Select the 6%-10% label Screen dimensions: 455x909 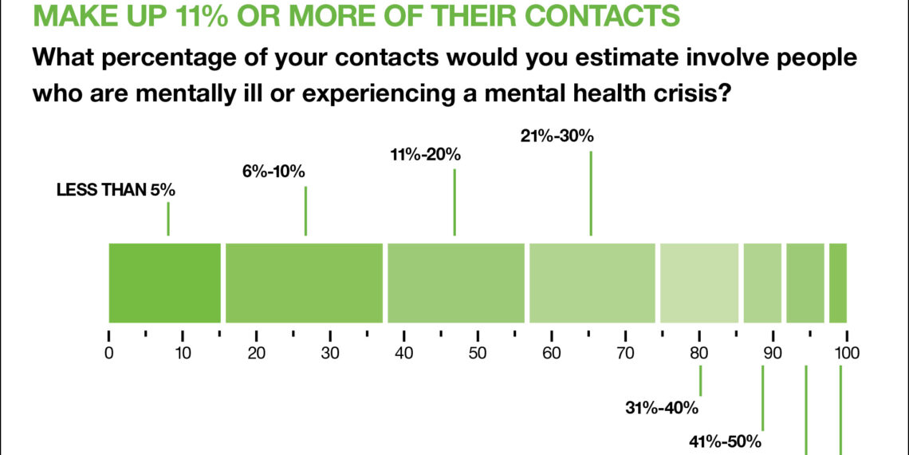(x=274, y=172)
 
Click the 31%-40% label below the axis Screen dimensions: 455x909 (x=662, y=409)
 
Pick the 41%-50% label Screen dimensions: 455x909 (x=726, y=441)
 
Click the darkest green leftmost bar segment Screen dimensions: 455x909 (x=164, y=283)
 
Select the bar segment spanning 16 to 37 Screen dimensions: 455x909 (x=304, y=283)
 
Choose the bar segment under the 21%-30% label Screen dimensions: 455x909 (x=592, y=283)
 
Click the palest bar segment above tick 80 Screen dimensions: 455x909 (x=699, y=283)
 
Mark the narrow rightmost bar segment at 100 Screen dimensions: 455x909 (x=837, y=283)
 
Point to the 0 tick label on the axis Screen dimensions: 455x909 (x=109, y=353)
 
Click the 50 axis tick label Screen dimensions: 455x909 (x=478, y=353)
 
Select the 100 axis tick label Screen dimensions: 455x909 (x=846, y=353)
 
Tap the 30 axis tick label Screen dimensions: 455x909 (x=330, y=353)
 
